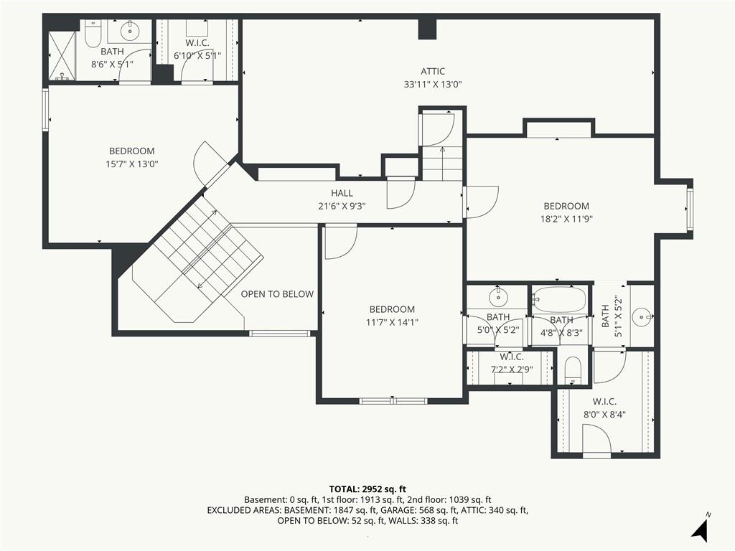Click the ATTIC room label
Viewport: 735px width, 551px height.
coord(432,71)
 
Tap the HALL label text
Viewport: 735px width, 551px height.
coord(342,193)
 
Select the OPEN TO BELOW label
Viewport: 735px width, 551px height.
coord(277,294)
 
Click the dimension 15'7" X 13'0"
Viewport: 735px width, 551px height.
coord(132,164)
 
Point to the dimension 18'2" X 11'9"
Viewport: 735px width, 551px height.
coord(566,219)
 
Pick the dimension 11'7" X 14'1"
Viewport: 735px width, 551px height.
coord(392,322)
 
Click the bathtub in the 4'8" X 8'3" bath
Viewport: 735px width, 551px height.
coord(559,299)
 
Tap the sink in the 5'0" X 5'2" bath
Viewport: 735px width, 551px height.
coord(498,296)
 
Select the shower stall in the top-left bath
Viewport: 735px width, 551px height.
coord(62,56)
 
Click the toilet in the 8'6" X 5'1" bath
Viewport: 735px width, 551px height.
coord(93,33)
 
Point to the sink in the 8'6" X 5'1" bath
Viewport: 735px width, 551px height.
coord(129,32)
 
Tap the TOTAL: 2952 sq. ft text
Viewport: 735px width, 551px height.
coord(367,489)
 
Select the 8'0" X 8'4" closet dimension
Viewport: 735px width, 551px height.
coord(604,415)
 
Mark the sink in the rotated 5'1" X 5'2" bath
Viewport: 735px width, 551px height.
coord(641,317)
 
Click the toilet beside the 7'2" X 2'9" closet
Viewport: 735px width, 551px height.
coord(572,370)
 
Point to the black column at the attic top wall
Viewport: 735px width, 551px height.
coord(428,29)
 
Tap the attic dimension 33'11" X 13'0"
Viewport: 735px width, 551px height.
coord(433,85)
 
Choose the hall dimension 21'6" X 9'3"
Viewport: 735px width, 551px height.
coord(342,206)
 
